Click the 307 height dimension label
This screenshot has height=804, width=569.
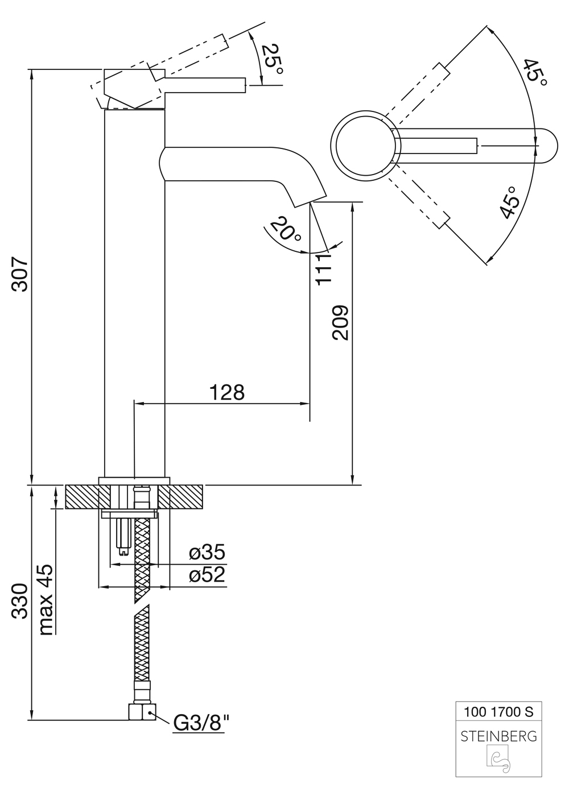pos(20,274)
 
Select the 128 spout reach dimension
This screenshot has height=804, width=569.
pos(227,392)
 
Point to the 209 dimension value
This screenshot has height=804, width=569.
pos(340,322)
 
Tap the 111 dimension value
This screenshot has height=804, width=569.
pos(323,269)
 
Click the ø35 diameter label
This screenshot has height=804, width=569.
pos(208,552)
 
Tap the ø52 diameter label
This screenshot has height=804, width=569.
pos(208,575)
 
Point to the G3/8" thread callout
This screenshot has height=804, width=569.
pos(201,723)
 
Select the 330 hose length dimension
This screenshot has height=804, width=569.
pos(20,600)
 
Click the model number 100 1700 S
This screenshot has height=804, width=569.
pos(498,711)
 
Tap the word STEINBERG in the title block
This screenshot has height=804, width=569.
pos(498,736)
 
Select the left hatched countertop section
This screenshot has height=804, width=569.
pos(83,497)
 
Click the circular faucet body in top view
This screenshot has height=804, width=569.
pos(362,146)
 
